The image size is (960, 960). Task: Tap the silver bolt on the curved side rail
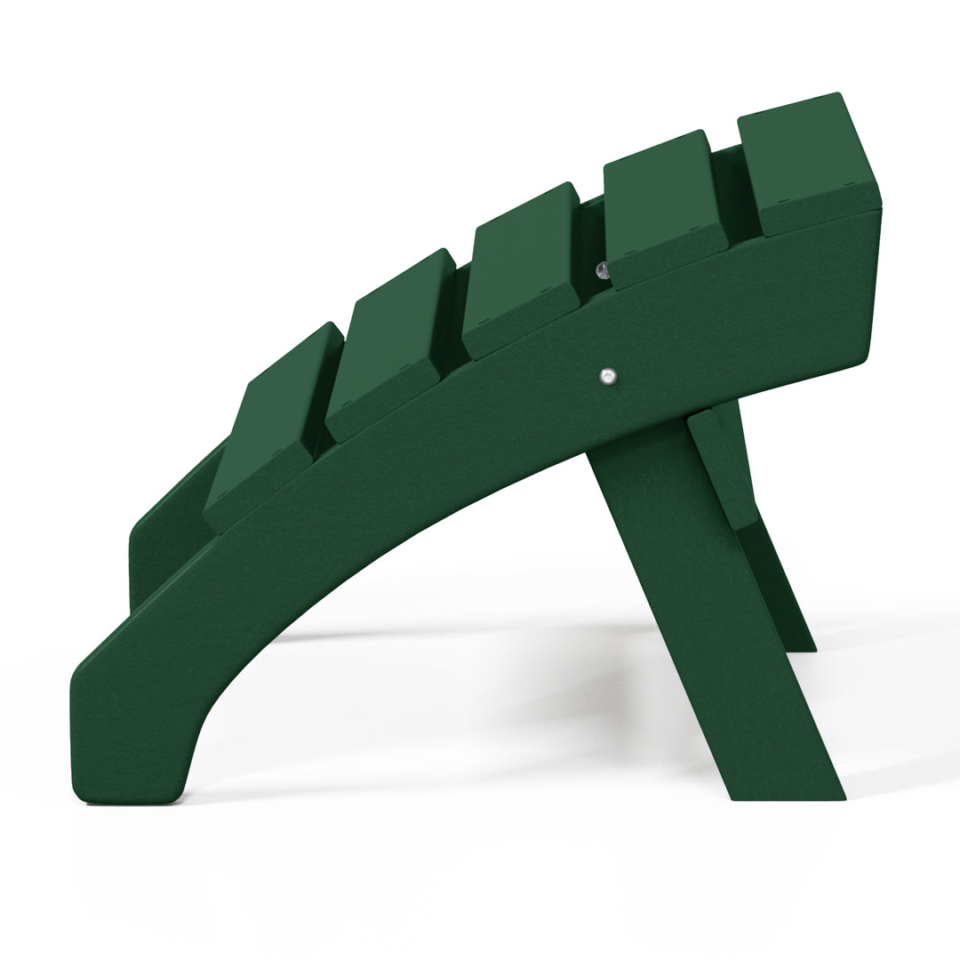(607, 377)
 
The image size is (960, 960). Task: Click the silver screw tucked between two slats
(602, 269)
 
